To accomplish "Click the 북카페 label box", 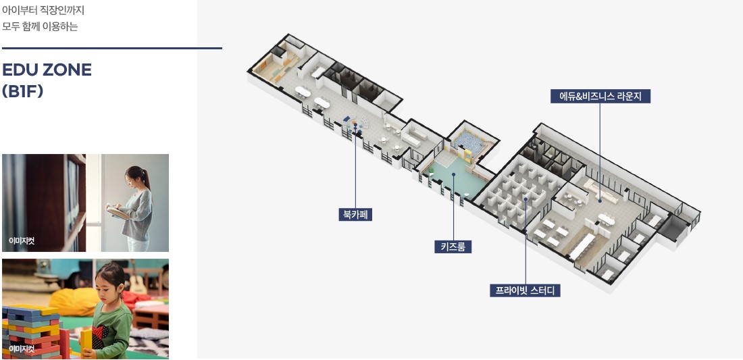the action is [356, 215].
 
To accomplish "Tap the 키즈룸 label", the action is [453, 247].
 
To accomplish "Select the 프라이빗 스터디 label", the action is [525, 291].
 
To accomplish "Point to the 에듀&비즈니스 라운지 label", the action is [600, 96].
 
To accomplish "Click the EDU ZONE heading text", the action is [47, 70].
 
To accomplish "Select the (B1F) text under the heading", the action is [23, 91].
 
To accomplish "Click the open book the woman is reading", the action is [118, 212].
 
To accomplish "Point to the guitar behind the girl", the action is [138, 278].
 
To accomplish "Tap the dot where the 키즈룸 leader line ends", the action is [454, 174].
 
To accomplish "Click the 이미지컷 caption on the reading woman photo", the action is [22, 240].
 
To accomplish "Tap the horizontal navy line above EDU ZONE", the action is [111, 49].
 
